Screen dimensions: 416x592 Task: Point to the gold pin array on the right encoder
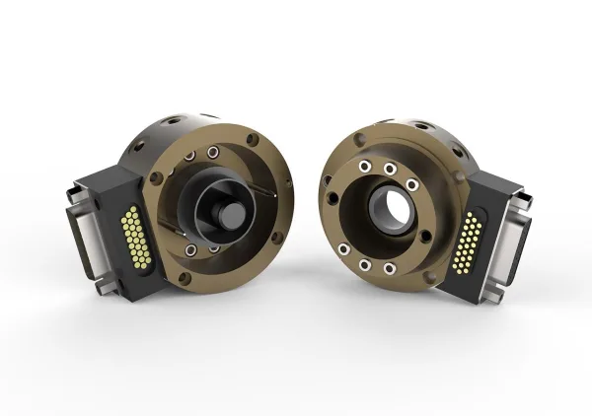point(472,242)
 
